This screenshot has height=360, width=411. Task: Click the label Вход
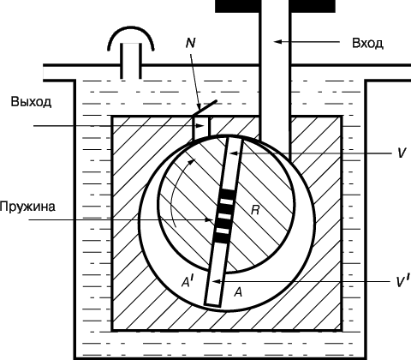[367, 43]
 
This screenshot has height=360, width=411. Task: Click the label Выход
[31, 102]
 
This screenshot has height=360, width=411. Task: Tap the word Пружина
[27, 207]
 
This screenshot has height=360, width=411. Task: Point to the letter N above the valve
[190, 43]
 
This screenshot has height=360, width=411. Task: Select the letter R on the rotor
[255, 211]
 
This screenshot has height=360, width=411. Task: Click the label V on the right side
[402, 153]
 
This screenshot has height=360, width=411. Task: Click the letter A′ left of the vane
[188, 281]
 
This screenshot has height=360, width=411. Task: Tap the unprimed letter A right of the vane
[238, 292]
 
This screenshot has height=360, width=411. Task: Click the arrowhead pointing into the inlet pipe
[277, 42]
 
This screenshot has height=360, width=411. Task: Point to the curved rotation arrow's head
[193, 161]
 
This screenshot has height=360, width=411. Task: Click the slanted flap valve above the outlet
[205, 108]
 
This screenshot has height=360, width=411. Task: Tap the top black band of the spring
[228, 194]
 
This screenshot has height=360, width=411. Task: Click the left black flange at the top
[238, 6]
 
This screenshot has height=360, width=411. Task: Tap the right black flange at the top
[313, 6]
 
